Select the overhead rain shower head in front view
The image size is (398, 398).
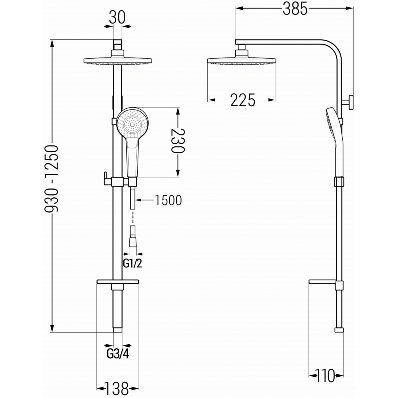click(x=117, y=62)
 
